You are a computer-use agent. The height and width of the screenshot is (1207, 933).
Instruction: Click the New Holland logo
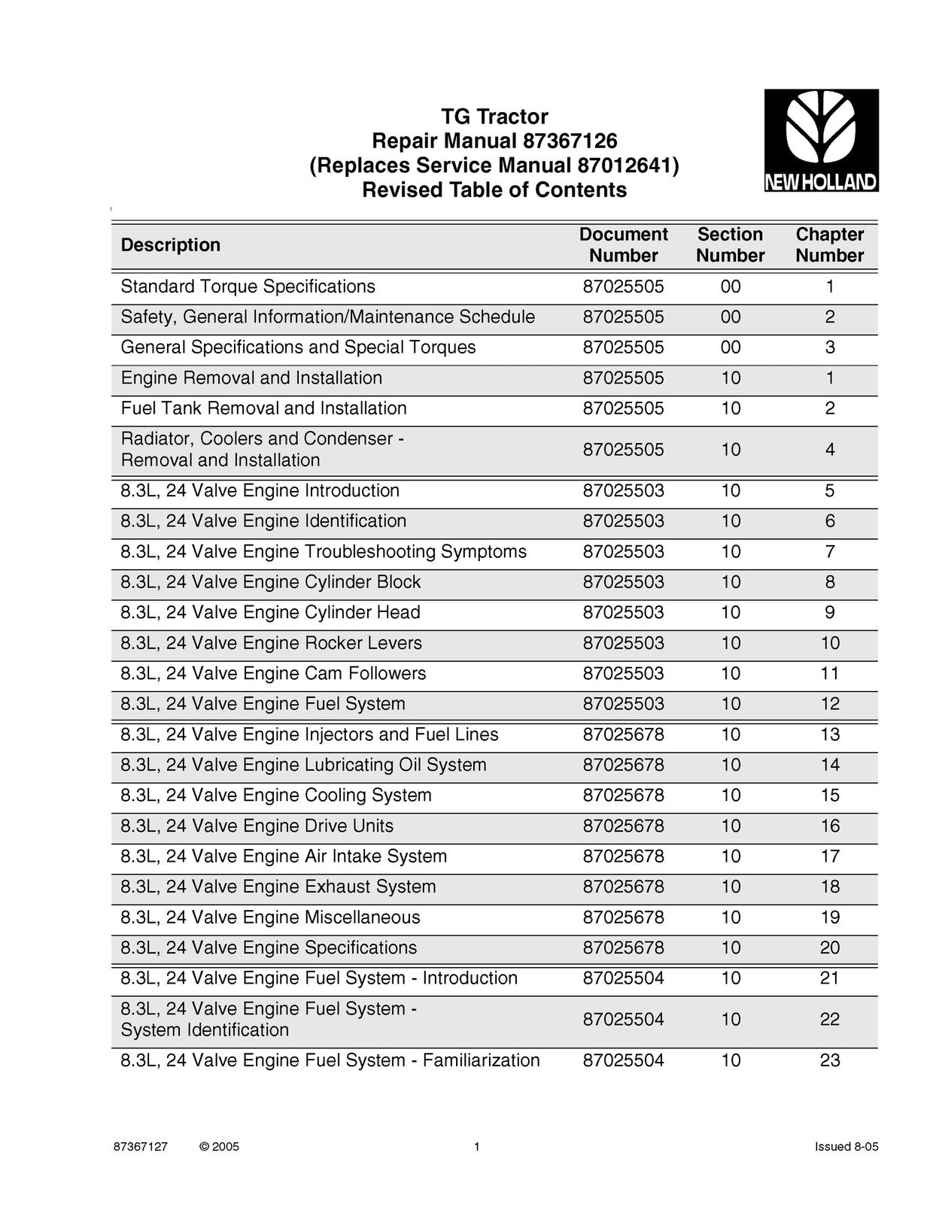[x=821, y=141]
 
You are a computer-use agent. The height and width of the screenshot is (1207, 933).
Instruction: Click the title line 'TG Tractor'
[x=494, y=117]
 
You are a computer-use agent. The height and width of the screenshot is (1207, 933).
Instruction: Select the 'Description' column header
[x=171, y=245]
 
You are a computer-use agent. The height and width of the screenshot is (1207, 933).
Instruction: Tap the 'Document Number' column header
[x=623, y=245]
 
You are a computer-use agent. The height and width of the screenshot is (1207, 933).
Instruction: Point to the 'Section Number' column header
[x=730, y=245]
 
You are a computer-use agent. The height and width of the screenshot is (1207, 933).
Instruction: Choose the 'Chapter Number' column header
[x=829, y=245]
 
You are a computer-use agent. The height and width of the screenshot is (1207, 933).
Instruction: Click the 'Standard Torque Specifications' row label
[x=248, y=287]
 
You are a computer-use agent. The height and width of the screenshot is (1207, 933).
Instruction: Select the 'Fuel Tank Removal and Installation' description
[x=263, y=408]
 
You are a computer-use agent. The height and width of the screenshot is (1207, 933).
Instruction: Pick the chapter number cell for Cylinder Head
[x=829, y=613]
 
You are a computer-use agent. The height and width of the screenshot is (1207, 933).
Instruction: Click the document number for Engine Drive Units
[x=623, y=826]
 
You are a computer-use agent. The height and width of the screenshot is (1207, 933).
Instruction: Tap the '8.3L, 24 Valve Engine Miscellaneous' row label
[x=270, y=917]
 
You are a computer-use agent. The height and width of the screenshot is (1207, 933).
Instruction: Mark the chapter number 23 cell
[x=829, y=1060]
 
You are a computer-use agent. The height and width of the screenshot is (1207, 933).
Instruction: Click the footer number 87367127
[x=140, y=1147]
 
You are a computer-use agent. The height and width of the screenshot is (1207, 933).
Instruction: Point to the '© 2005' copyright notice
[x=219, y=1147]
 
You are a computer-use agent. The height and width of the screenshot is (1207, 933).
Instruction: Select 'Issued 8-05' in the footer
[x=846, y=1147]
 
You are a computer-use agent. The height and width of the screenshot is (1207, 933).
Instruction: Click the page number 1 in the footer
[x=476, y=1147]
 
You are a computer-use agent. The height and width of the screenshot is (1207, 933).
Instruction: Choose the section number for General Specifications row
[x=730, y=347]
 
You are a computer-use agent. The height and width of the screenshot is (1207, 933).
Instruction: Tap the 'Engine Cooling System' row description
[x=276, y=796]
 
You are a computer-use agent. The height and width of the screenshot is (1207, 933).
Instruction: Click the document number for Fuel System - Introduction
[x=623, y=978]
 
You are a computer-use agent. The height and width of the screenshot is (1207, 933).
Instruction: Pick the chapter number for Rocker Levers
[x=829, y=643]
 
